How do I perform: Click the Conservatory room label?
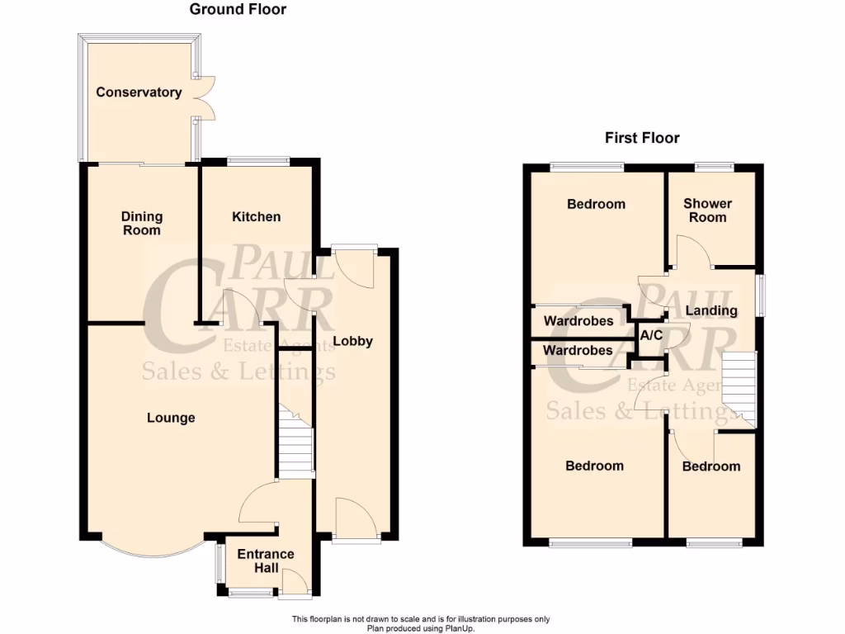click(x=139, y=92)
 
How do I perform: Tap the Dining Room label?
click(x=142, y=224)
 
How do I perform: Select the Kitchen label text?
click(x=256, y=217)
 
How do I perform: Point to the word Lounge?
click(x=171, y=418)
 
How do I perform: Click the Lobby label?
click(x=352, y=341)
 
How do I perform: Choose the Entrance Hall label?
click(x=266, y=561)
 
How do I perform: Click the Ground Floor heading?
click(x=238, y=10)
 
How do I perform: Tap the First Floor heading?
click(x=642, y=138)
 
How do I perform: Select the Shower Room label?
click(x=707, y=211)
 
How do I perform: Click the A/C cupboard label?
click(x=651, y=335)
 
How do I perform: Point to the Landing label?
click(x=711, y=311)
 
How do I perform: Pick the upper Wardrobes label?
click(x=578, y=321)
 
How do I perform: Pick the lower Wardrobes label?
click(x=578, y=351)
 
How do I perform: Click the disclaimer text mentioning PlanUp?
click(x=420, y=624)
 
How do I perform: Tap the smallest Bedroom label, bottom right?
click(x=710, y=466)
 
